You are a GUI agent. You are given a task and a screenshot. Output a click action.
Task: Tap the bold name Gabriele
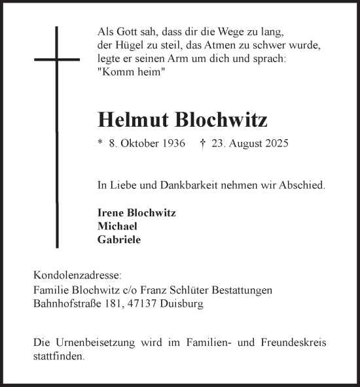point(118,239)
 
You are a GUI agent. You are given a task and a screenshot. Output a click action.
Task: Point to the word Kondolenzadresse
point(69,277)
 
